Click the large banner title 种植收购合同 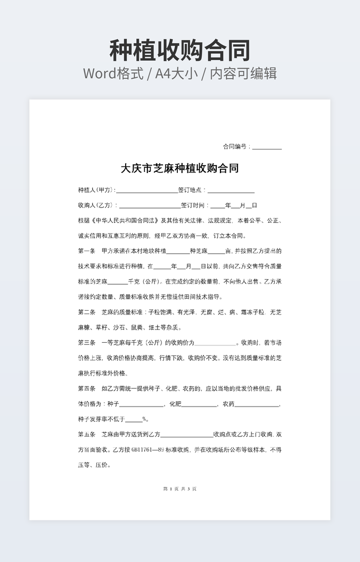[x=179, y=51]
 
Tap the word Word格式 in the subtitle [x=113, y=73]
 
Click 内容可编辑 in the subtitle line [x=243, y=73]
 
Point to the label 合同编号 [x=235, y=146]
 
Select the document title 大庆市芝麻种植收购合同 [x=179, y=169]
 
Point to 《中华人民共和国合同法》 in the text [x=124, y=220]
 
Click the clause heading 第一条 [x=86, y=251]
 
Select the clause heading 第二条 [x=86, y=312]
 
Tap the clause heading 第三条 [x=86, y=343]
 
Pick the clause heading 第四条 [x=86, y=389]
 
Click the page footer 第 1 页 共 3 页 [x=179, y=489]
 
